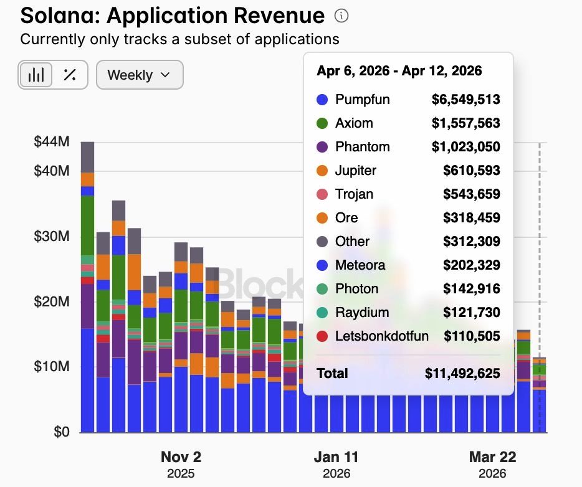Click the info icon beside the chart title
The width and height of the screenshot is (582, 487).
coord(341,16)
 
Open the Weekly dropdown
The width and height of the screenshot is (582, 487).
coord(139,75)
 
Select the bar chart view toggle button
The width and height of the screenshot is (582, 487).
coord(36,75)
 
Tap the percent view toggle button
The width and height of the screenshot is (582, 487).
coord(70,75)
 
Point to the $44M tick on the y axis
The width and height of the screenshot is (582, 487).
coord(52,141)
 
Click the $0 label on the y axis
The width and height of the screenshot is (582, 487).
coord(60,431)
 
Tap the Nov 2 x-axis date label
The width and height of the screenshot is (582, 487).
coord(181,456)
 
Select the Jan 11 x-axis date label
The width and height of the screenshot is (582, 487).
coord(336,456)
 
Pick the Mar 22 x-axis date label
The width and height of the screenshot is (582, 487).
coord(492,456)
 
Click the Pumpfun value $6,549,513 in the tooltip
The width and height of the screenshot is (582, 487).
coord(465,99)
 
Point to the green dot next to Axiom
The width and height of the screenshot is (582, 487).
coord(322,123)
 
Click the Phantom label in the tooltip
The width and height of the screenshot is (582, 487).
coord(362,147)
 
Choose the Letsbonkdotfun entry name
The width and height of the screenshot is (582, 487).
coord(381,336)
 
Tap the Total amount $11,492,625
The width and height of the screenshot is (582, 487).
coord(462,374)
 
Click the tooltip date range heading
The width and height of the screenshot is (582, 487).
coord(399,70)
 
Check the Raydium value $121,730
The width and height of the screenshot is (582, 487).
coord(472,313)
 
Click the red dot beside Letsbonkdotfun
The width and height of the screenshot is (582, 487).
coord(322,336)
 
